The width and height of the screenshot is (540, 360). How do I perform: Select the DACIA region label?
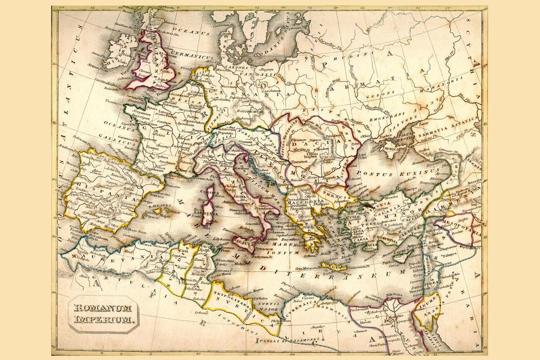tap(317, 143)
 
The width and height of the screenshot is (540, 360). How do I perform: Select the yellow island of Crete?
tap(332, 267)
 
